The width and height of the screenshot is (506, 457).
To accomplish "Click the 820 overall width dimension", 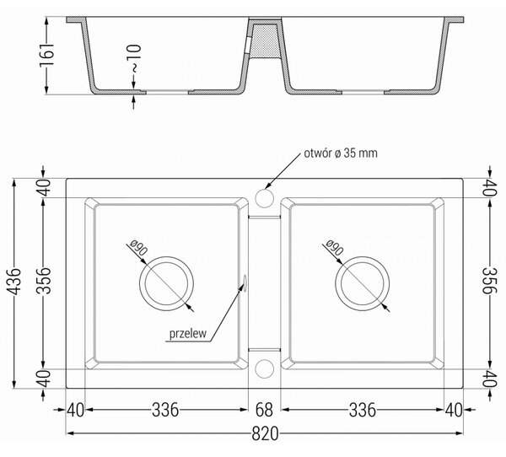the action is pos(265,433).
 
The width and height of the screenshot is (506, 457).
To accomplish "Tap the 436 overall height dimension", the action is pos(14,282).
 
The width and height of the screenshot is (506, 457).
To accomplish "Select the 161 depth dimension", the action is pos(46,55).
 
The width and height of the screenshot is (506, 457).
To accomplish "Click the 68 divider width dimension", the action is pos(264,410).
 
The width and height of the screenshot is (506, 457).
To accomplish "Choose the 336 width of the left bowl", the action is pos(165,410).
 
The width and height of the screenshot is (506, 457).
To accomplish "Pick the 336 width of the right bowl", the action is pos(363,410).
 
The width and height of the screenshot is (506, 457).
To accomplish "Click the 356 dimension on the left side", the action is pos(44,281).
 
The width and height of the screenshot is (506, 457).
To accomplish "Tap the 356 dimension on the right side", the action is pos(489,281).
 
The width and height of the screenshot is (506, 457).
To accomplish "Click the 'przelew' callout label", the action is pos(188,333).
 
